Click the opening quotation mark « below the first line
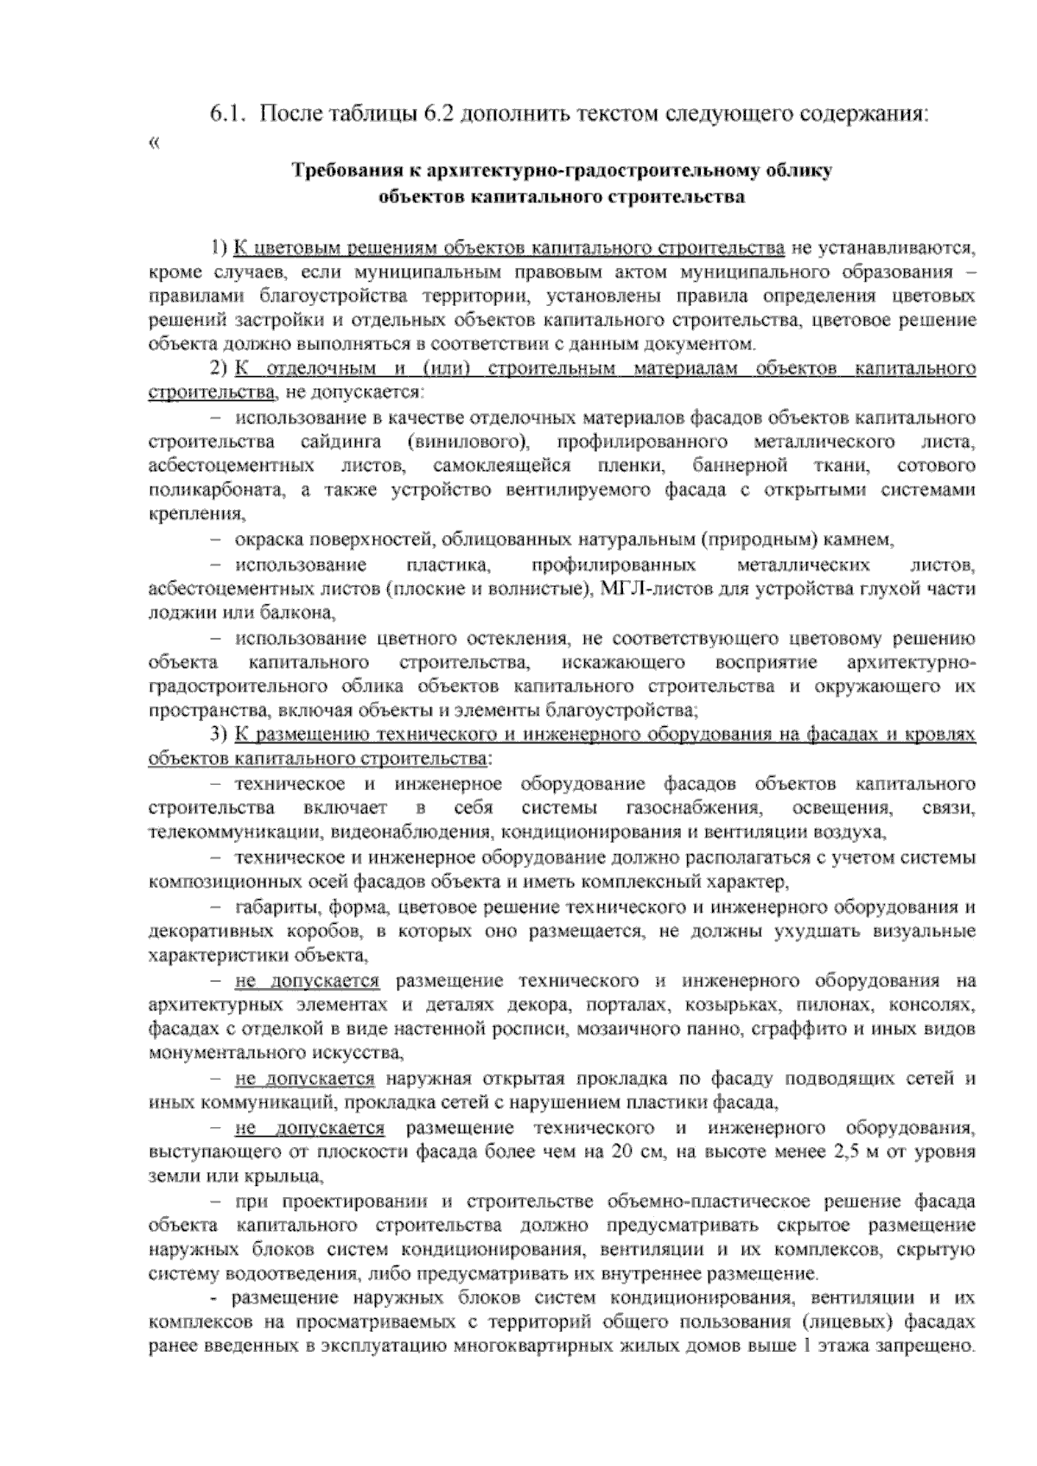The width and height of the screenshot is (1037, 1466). [x=154, y=144]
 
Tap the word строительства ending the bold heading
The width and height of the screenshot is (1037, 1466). [x=682, y=197]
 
